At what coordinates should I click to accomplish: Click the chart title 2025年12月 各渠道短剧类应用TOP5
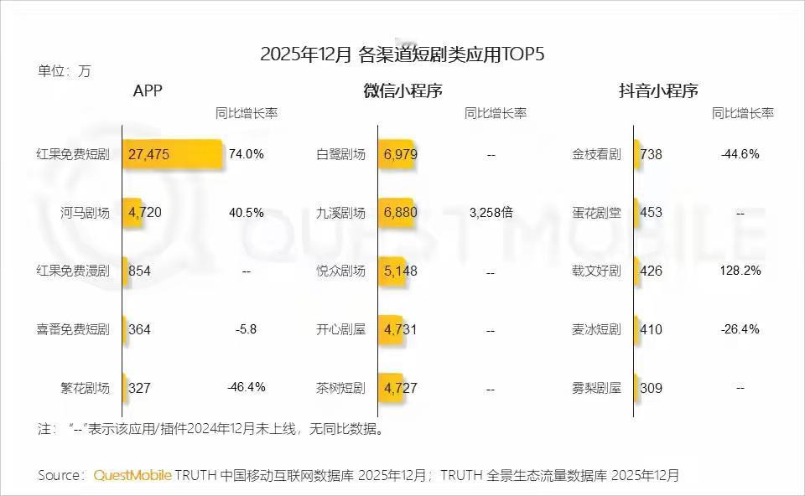[x=402, y=55]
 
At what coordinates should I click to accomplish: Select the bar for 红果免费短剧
[x=173, y=154]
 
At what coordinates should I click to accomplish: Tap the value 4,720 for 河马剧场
[x=145, y=213]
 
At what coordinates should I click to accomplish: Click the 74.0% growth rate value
[x=247, y=154]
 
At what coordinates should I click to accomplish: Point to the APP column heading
[x=148, y=91]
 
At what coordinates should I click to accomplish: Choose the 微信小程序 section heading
[x=402, y=91]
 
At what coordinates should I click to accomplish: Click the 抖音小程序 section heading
[x=658, y=91]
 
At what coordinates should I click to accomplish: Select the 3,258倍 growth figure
[x=491, y=213]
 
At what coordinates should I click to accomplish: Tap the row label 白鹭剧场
[x=340, y=154]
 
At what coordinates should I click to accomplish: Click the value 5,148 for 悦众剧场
[x=400, y=271]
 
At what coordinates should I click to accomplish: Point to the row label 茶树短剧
[x=340, y=388]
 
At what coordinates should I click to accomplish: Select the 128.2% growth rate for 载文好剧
[x=740, y=271]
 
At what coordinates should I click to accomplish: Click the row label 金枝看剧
[x=596, y=154]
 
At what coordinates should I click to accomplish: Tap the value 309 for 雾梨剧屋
[x=651, y=388]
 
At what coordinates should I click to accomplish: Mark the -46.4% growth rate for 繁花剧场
[x=247, y=387]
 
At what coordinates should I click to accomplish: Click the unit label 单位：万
[x=64, y=71]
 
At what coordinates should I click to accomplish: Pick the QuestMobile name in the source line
[x=132, y=475]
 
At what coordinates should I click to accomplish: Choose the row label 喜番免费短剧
[x=73, y=329]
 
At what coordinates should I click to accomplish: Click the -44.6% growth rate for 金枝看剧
[x=740, y=154]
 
